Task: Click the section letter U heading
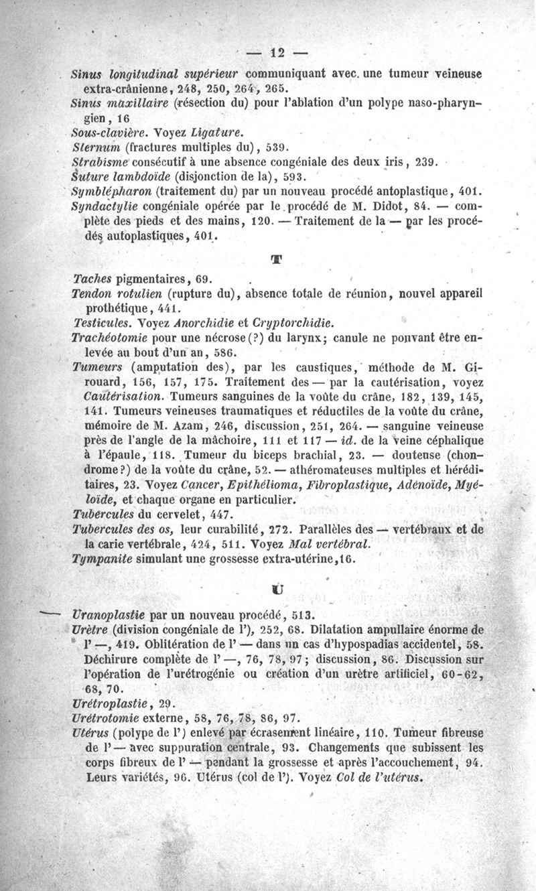point(276,590)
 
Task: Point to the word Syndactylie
point(103,207)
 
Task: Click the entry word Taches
point(92,279)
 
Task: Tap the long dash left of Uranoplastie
point(51,613)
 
